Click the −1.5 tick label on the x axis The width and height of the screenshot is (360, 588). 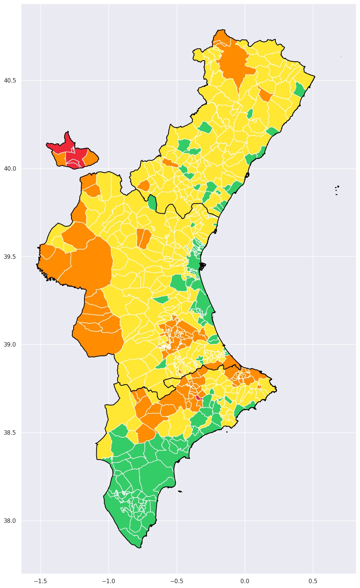click(x=40, y=580)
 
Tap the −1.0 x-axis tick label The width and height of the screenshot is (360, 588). click(x=109, y=580)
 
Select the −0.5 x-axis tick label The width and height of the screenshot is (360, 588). click(x=177, y=580)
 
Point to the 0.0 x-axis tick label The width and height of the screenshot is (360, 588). click(x=245, y=580)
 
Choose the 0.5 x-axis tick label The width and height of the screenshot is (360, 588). click(x=313, y=580)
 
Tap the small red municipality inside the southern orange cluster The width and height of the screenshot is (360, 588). click(x=199, y=397)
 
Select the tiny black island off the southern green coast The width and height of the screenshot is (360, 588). click(x=180, y=491)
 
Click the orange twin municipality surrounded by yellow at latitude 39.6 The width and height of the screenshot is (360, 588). click(x=144, y=238)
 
